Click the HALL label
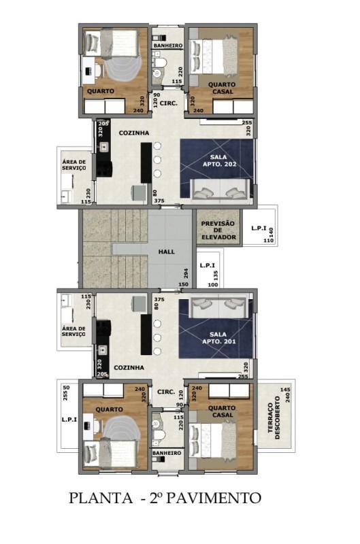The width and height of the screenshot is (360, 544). tap(167, 252)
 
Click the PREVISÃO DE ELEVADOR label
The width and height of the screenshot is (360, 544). tap(218, 231)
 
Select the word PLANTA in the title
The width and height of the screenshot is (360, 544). tap(100, 498)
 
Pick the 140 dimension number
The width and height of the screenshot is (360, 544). tap(270, 232)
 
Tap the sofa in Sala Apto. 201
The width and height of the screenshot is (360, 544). tap(218, 309)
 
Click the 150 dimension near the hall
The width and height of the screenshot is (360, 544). tap(183, 284)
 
